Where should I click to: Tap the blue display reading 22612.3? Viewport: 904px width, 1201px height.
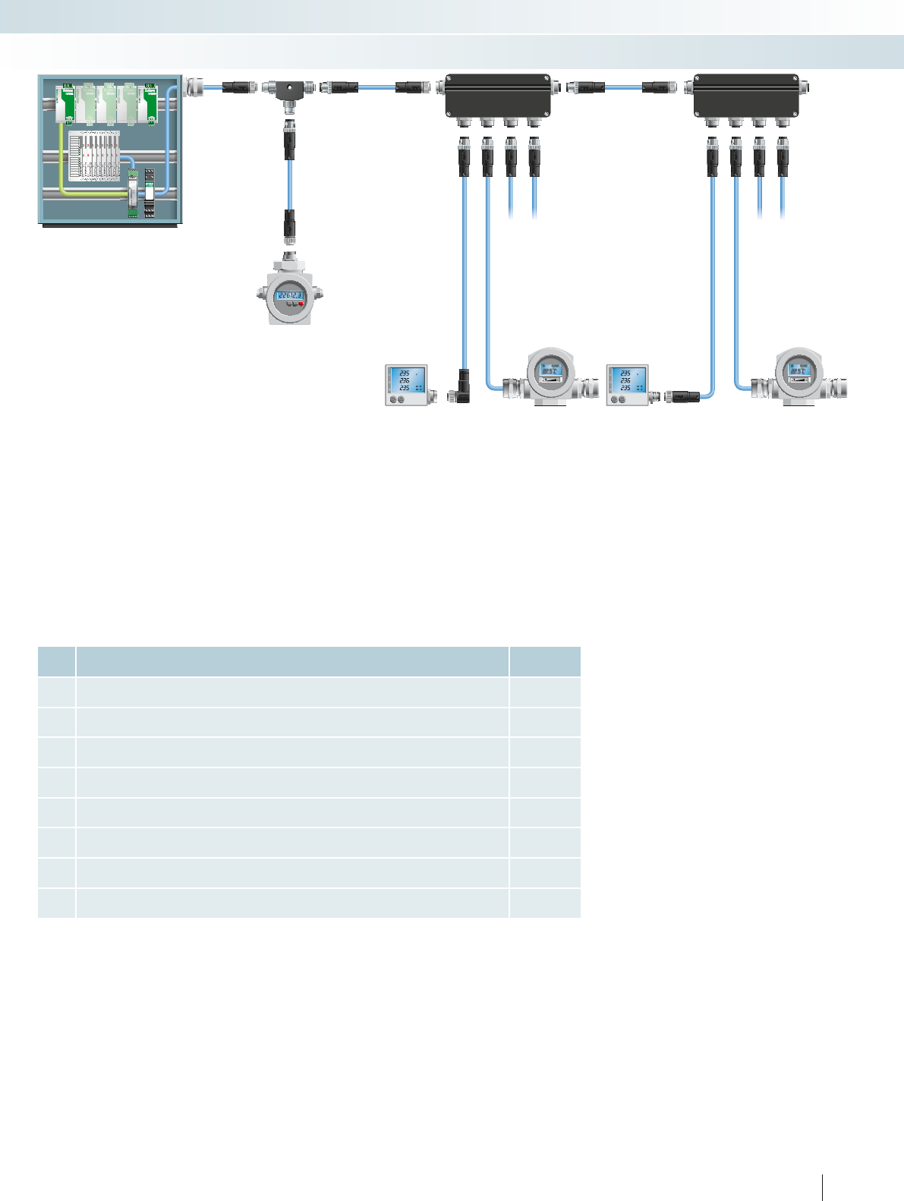tap(290, 296)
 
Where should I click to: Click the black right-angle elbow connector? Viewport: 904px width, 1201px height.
tap(461, 386)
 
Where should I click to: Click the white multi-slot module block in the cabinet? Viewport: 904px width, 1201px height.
tap(94, 156)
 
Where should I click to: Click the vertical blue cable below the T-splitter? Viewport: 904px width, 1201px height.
tap(289, 185)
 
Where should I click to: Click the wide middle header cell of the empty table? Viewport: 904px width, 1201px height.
tap(292, 661)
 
